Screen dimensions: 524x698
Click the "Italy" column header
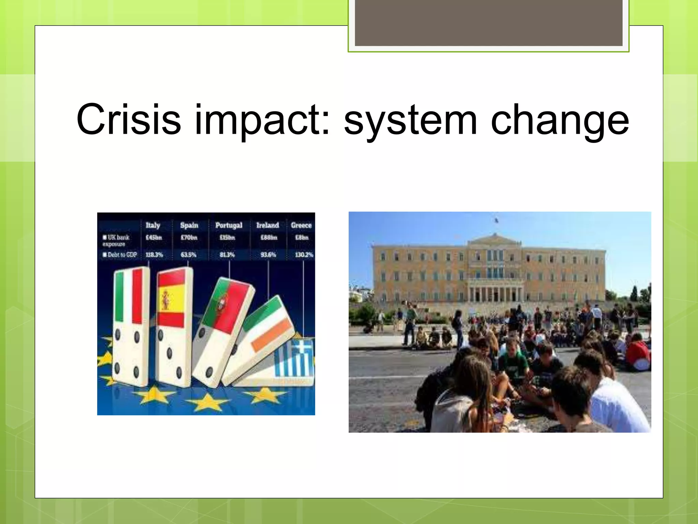tap(153, 225)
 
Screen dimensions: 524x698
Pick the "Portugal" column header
tap(229, 225)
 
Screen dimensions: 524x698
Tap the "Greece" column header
tap(301, 225)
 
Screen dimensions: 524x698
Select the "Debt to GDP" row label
tap(120, 255)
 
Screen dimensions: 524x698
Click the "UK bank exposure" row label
tap(116, 240)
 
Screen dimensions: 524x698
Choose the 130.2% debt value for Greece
tap(304, 255)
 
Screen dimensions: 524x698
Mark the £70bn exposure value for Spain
tap(189, 237)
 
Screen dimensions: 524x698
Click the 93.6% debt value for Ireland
tap(268, 255)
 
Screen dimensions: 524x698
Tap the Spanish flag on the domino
tap(171, 300)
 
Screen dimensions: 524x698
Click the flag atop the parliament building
tap(496, 220)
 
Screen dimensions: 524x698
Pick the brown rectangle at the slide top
tap(488, 23)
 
